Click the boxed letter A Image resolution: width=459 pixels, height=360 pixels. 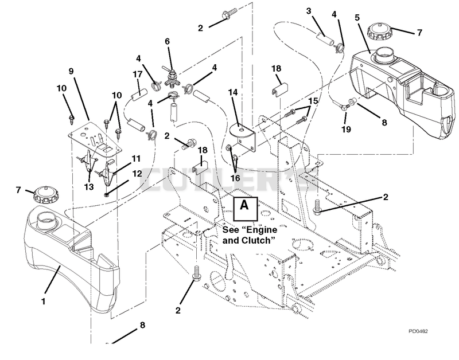coord(246,209)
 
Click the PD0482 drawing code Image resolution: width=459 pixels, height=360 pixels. coord(418,331)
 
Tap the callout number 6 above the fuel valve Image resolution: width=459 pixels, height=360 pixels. coord(167,41)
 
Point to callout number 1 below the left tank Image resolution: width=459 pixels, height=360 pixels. coord(44,301)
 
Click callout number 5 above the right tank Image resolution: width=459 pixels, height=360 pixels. coord(357,18)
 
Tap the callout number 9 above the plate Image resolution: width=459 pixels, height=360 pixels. coord(71,71)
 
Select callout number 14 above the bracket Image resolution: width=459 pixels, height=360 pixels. coord(233,92)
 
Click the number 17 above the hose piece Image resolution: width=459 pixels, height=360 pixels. coord(137,75)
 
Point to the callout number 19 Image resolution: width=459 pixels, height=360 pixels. coord(347,129)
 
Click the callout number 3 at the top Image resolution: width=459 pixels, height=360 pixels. coord(309,11)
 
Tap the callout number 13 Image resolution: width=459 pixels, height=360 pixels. coord(89,186)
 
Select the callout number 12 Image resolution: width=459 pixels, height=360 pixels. coord(137,174)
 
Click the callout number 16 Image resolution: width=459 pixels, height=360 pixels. coord(235,178)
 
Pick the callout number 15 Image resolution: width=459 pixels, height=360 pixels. coord(313,101)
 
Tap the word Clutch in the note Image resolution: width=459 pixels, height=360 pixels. coord(259,240)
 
